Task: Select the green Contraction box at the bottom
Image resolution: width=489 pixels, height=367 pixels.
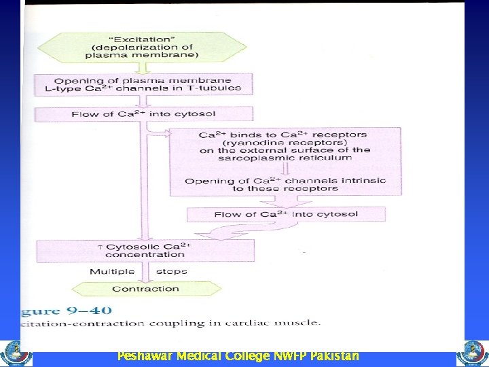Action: click(x=145, y=289)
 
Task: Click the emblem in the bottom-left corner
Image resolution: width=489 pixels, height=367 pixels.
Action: click(x=14, y=353)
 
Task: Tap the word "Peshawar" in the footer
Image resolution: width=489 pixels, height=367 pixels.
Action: click(x=144, y=357)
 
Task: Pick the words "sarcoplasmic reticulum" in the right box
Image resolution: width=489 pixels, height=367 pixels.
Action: click(x=285, y=158)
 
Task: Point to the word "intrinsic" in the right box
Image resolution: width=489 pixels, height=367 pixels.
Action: click(x=362, y=180)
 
